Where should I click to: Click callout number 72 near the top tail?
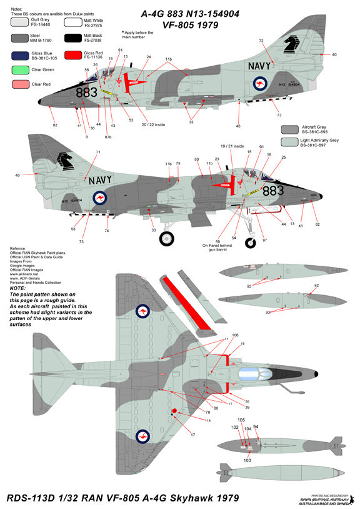click(261, 41)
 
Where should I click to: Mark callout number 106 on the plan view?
click(235, 335)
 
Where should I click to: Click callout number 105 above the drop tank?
click(241, 420)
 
